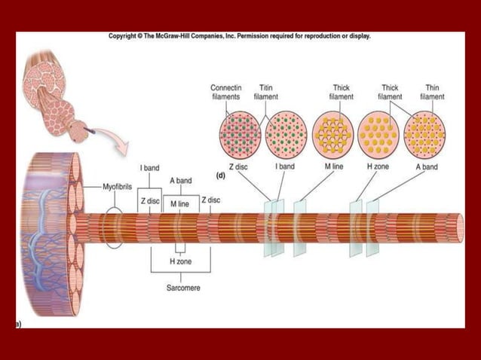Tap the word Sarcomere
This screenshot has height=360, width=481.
point(183,288)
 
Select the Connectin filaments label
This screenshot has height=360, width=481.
point(225,93)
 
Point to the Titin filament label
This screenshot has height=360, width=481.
point(265,93)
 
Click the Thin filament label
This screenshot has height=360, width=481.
point(432,93)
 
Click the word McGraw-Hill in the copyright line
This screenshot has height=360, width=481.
point(179,35)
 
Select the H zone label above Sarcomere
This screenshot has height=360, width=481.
point(182,260)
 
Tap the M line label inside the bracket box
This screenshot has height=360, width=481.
point(179,205)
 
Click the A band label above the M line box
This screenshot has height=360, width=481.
point(181,181)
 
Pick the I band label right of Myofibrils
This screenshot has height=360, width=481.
point(149,167)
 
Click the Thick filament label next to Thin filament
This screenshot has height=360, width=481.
point(390,93)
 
